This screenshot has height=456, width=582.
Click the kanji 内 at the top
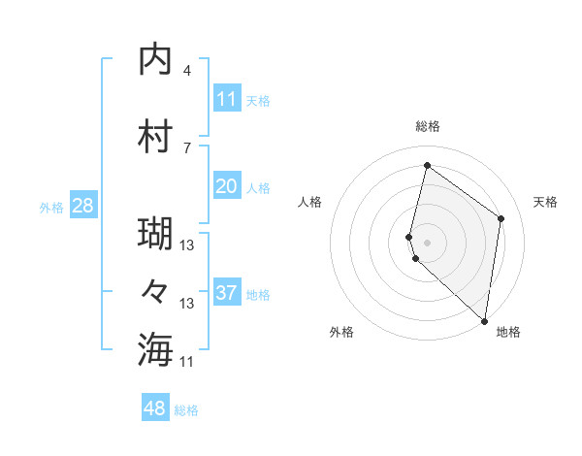click(156, 60)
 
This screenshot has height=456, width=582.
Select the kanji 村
click(156, 137)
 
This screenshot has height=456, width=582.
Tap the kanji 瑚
click(156, 235)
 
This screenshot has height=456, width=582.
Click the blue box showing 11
click(227, 99)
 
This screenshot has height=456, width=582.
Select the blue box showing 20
click(227, 186)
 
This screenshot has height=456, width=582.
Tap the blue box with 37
click(227, 293)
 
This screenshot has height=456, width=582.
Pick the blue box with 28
click(81, 206)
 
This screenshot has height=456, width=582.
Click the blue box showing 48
click(155, 408)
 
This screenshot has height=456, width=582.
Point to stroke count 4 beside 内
click(187, 71)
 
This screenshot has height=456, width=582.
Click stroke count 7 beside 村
click(187, 147)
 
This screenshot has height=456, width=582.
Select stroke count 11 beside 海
click(187, 361)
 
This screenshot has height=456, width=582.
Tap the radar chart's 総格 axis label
click(427, 126)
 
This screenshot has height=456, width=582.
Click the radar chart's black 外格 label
click(341, 332)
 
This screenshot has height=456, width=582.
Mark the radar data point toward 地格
click(484, 321)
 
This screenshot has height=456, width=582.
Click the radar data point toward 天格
click(501, 218)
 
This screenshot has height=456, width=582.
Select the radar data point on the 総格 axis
click(427, 166)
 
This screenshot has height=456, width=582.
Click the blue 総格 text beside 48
click(186, 410)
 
